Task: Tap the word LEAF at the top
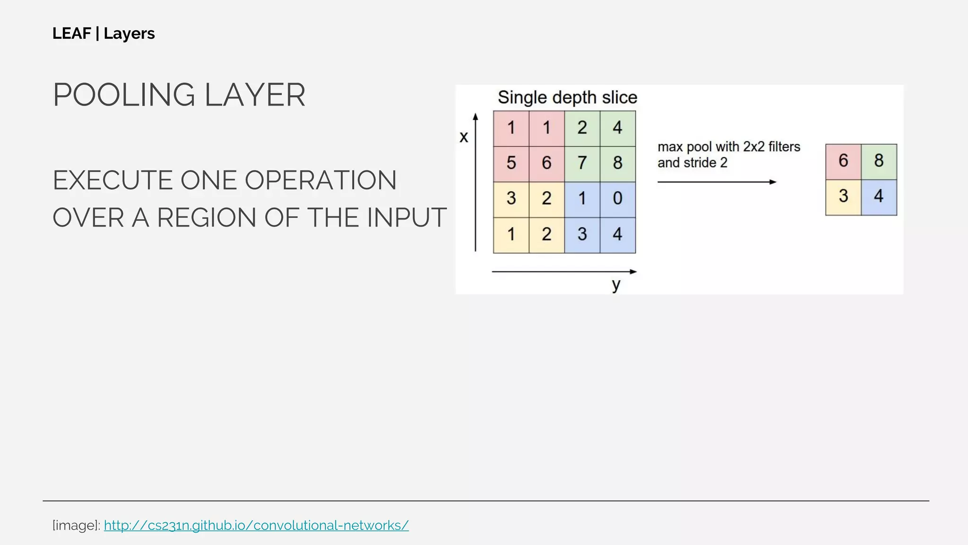pyautogui.click(x=71, y=34)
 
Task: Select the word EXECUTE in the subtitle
pyautogui.click(x=112, y=180)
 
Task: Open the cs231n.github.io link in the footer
pyautogui.click(x=256, y=525)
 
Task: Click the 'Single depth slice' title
pyautogui.click(x=567, y=97)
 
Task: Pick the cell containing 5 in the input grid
pyautogui.click(x=511, y=163)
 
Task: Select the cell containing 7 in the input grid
pyautogui.click(x=582, y=163)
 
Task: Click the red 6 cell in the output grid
pyautogui.click(x=843, y=161)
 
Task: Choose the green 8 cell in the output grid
pyautogui.click(x=879, y=161)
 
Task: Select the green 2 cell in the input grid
pyautogui.click(x=582, y=128)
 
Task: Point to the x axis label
pyautogui.click(x=464, y=137)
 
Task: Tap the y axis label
pyautogui.click(x=616, y=285)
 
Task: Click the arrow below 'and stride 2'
pyautogui.click(x=717, y=182)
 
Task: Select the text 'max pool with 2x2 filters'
pyautogui.click(x=728, y=147)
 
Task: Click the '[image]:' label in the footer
pyautogui.click(x=76, y=525)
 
